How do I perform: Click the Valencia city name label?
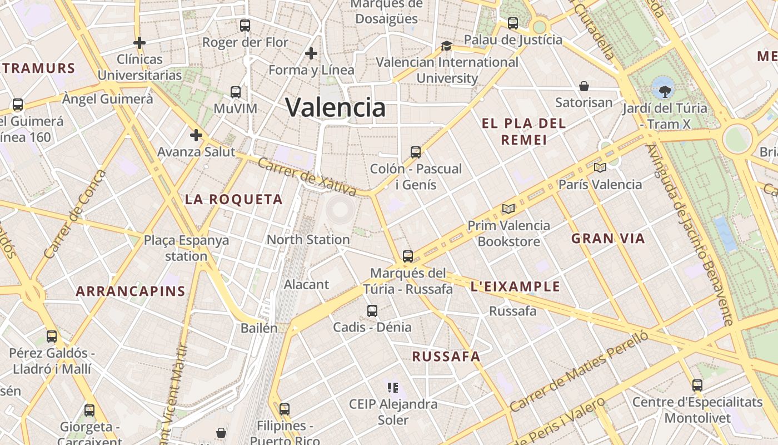click(x=335, y=107)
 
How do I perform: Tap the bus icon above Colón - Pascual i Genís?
click(x=415, y=152)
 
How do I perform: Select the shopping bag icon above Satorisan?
click(x=584, y=86)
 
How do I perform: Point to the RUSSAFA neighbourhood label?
click(x=446, y=357)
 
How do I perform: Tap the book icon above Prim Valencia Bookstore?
click(x=508, y=209)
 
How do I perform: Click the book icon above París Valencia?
click(x=600, y=167)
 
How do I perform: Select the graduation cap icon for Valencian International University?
click(x=446, y=46)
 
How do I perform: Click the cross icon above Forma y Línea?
click(x=311, y=53)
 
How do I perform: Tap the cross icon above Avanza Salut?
click(x=196, y=135)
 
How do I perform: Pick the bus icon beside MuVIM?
click(x=236, y=92)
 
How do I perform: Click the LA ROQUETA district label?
click(x=234, y=199)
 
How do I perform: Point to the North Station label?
click(x=308, y=240)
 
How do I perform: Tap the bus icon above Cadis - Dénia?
click(x=372, y=311)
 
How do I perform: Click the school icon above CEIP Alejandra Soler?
click(x=393, y=388)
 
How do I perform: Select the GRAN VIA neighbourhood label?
click(x=608, y=239)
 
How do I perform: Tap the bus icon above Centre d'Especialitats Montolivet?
click(x=697, y=385)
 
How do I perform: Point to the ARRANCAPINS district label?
click(x=131, y=291)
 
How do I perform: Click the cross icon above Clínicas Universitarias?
click(x=139, y=42)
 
